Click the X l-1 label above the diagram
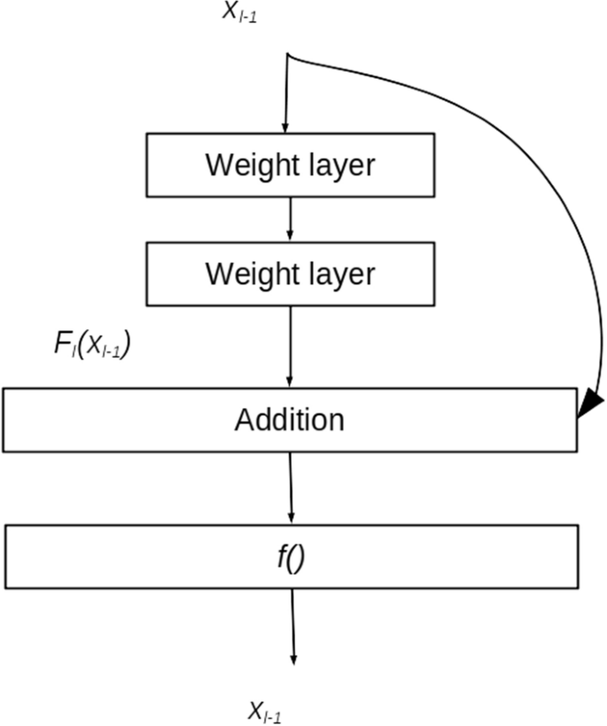[240, 14]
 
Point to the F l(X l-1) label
[93, 345]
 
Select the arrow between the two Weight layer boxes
[291, 220]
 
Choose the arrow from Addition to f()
[292, 487]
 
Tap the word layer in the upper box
[336, 166]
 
